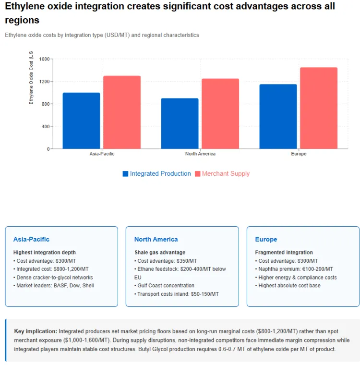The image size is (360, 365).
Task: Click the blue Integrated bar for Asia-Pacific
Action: click(x=81, y=121)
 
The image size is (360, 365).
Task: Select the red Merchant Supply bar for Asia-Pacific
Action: click(x=122, y=112)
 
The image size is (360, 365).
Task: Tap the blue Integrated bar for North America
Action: click(x=180, y=123)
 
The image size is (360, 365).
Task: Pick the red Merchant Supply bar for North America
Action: click(x=220, y=114)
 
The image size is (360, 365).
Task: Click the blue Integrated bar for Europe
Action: click(x=278, y=116)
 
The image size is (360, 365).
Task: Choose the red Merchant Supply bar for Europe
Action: click(x=319, y=108)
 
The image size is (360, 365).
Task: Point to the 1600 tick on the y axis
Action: click(x=44, y=59)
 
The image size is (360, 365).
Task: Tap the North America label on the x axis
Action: click(x=200, y=154)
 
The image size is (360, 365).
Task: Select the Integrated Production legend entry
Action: click(x=156, y=174)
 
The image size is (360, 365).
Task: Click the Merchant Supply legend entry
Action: click(x=222, y=174)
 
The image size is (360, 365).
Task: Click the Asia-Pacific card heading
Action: click(x=31, y=239)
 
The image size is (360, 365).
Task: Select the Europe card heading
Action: click(x=266, y=239)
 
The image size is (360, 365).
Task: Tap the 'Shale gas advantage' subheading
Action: click(x=160, y=252)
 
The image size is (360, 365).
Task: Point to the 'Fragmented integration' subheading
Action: click(x=284, y=252)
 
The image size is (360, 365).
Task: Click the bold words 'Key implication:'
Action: click(x=36, y=331)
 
